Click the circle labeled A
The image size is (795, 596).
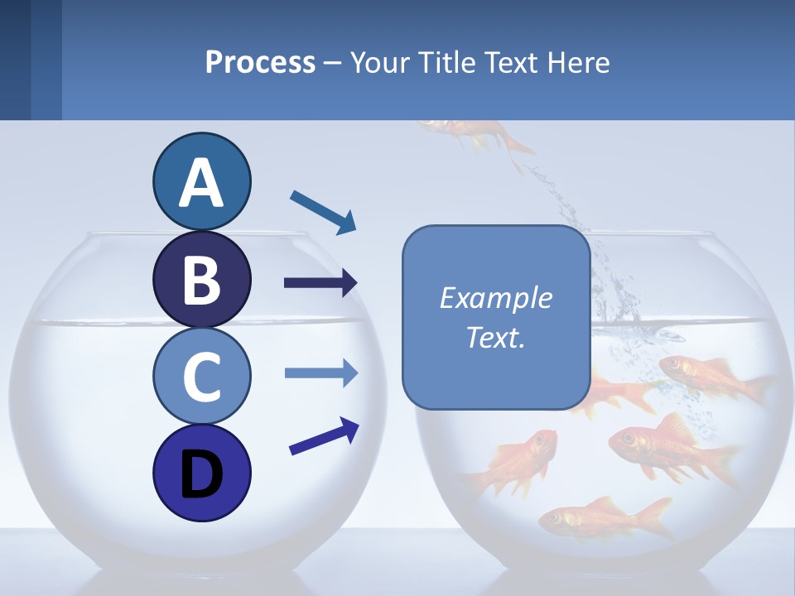(201, 181)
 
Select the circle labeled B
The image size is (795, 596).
(201, 279)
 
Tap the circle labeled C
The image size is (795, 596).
(201, 376)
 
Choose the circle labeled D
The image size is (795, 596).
(201, 473)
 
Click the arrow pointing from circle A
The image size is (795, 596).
(323, 212)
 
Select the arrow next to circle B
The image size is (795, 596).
(320, 283)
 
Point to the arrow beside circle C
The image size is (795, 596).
(320, 372)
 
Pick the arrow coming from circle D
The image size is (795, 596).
(324, 436)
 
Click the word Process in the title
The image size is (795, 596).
(260, 62)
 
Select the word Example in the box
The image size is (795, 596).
(495, 298)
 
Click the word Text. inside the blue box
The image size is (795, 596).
(495, 338)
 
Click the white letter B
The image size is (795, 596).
(201, 279)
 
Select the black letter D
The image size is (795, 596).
(201, 474)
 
